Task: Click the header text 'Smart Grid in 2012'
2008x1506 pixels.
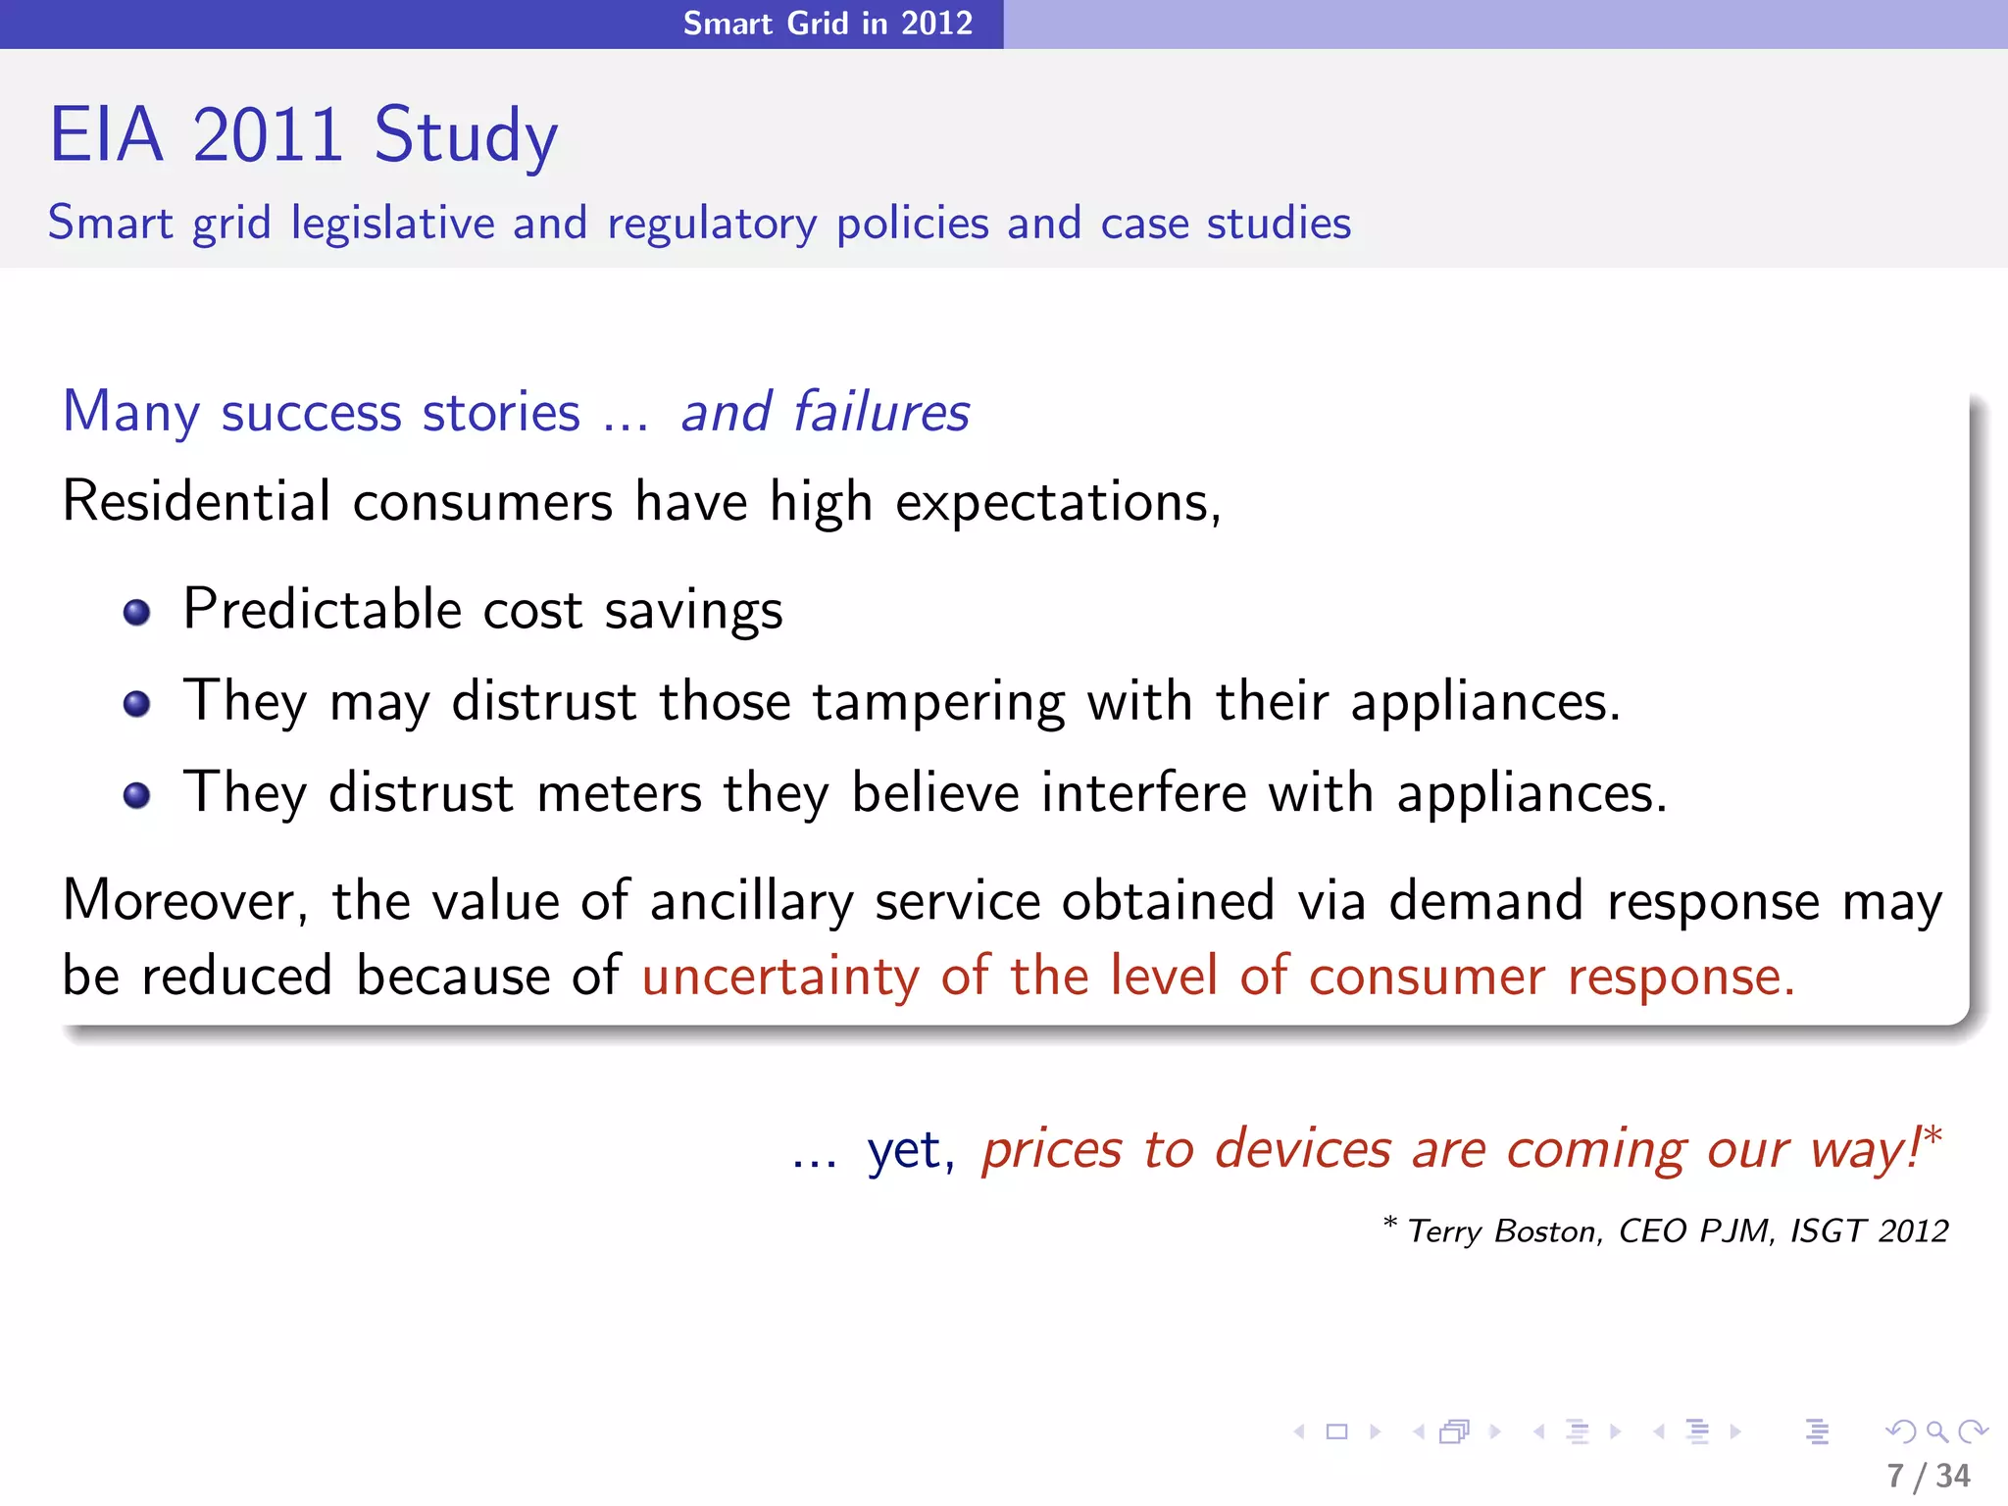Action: (828, 23)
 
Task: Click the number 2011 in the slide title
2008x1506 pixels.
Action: (268, 134)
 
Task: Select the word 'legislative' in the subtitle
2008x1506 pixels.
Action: (393, 224)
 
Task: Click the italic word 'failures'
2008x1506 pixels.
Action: (880, 411)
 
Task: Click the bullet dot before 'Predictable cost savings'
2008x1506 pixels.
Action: (136, 613)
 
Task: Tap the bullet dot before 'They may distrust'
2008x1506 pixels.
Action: (136, 704)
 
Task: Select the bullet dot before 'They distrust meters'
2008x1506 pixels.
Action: (136, 794)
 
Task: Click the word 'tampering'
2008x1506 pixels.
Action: (938, 703)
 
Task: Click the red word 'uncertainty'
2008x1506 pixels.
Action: (780, 977)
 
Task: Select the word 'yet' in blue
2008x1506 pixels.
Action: (909, 1150)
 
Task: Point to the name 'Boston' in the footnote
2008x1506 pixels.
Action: (1548, 1230)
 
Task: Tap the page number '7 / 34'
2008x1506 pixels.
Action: (1929, 1476)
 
